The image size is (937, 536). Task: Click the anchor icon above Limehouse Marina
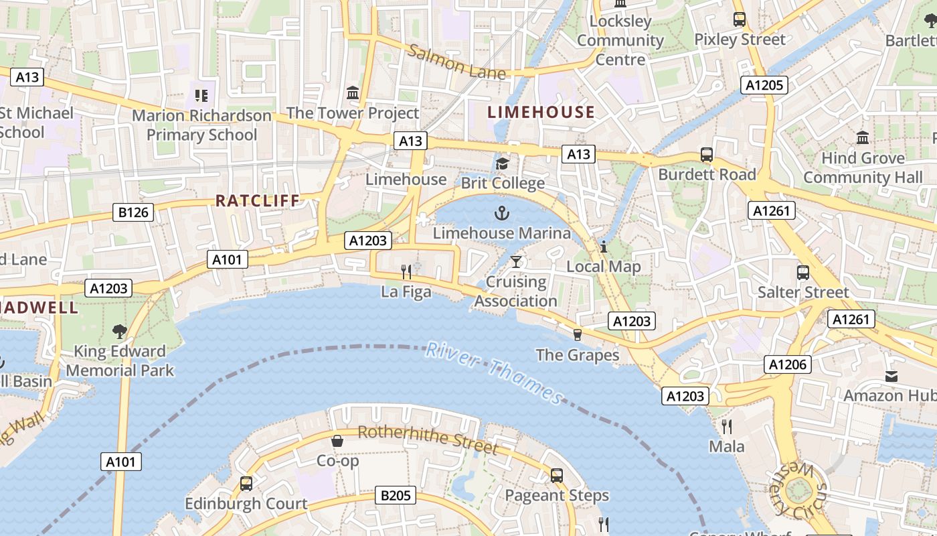(x=501, y=214)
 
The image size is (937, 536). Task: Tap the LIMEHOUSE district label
(x=541, y=112)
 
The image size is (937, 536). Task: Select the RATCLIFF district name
(x=258, y=200)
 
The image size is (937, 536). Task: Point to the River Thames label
(x=495, y=373)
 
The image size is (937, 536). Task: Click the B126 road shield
(x=134, y=213)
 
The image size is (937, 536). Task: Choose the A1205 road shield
(x=764, y=85)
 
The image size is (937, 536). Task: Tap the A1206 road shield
(x=788, y=364)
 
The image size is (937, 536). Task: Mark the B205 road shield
(x=395, y=496)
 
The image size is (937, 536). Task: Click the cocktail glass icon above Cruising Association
(x=515, y=261)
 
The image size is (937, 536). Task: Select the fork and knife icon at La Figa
(x=406, y=271)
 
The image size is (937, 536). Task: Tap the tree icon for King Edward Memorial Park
(x=120, y=331)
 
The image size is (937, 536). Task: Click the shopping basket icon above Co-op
(x=337, y=441)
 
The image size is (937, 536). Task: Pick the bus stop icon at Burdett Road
(x=707, y=155)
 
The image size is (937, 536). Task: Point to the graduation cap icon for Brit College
(x=502, y=163)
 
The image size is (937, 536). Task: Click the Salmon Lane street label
(x=456, y=62)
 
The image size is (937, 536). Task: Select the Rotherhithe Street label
(x=428, y=439)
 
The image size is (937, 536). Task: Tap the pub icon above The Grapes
(x=578, y=334)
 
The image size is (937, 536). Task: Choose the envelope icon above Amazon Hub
(x=891, y=376)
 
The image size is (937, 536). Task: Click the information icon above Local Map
(x=603, y=247)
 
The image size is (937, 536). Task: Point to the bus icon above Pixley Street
(x=739, y=19)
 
